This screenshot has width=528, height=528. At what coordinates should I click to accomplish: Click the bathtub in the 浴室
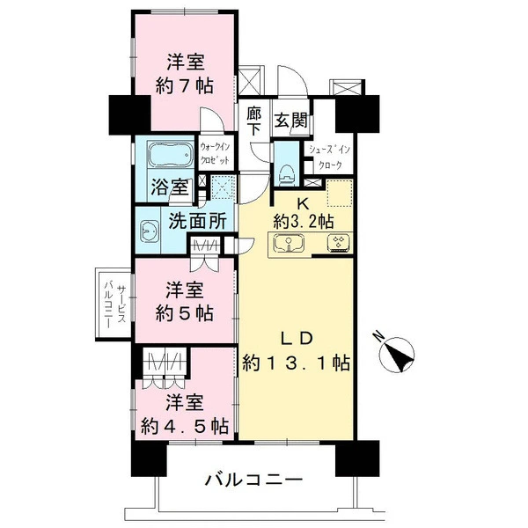pyautogui.click(x=170, y=154)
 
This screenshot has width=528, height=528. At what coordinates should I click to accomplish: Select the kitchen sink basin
pyautogui.click(x=289, y=243)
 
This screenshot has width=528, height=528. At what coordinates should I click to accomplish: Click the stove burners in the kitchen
pyautogui.click(x=338, y=243)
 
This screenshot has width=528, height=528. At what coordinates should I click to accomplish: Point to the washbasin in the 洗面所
pyautogui.click(x=150, y=231)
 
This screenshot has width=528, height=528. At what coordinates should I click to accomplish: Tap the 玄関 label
pyautogui.click(x=291, y=121)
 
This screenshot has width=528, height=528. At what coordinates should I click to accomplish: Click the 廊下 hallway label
pyautogui.click(x=254, y=121)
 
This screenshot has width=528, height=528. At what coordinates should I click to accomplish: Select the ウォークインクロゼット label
pyautogui.click(x=215, y=153)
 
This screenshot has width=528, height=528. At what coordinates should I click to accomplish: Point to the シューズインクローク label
pyautogui.click(x=329, y=158)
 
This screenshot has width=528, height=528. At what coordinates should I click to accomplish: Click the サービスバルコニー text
pyautogui.click(x=114, y=304)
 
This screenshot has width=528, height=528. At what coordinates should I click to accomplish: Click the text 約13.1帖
pyautogui.click(x=296, y=363)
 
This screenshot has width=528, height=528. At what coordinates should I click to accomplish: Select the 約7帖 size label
pyautogui.click(x=185, y=86)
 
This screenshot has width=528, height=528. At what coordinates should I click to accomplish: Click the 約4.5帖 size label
pyautogui.click(x=185, y=426)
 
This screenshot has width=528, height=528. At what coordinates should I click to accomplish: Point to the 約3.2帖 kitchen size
pyautogui.click(x=304, y=222)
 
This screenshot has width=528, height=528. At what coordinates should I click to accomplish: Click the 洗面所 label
pyautogui.click(x=197, y=221)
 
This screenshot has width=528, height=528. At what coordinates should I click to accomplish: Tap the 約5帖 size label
pyautogui.click(x=185, y=313)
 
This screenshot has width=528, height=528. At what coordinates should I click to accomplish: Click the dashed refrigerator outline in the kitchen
pyautogui.click(x=340, y=193)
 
